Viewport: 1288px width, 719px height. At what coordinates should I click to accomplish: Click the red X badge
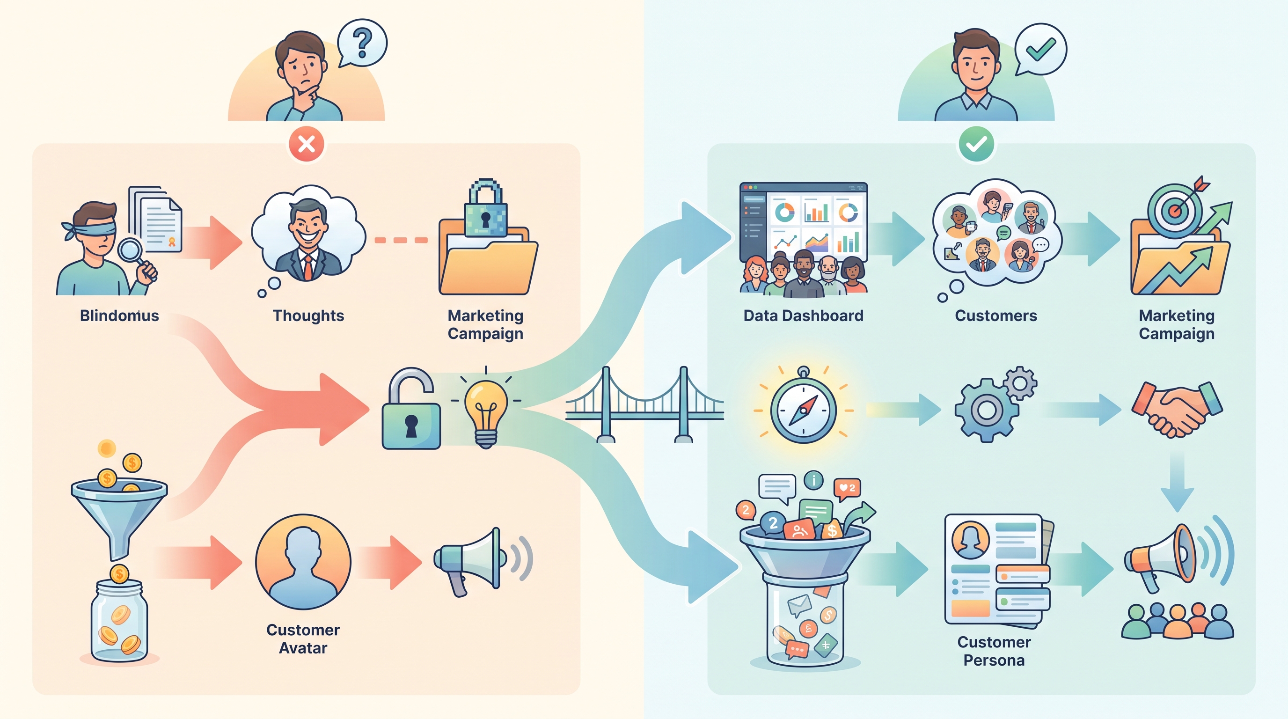[307, 145]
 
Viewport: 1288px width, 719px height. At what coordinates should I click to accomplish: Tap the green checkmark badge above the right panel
[976, 145]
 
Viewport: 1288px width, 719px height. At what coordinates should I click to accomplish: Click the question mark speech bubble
[362, 43]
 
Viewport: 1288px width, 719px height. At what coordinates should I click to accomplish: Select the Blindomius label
[119, 315]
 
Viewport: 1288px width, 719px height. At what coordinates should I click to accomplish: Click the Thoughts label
[308, 315]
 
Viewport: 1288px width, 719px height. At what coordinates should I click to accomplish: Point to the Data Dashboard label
[804, 315]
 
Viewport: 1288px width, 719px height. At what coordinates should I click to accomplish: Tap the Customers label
[996, 315]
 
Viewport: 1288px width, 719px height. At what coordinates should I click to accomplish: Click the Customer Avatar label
[303, 638]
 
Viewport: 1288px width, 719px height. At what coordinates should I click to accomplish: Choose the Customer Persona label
[994, 651]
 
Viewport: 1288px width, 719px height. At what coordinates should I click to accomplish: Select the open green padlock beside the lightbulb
[411, 409]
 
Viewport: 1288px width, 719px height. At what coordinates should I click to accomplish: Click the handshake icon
[1177, 409]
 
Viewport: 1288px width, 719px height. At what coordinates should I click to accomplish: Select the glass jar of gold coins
[119, 621]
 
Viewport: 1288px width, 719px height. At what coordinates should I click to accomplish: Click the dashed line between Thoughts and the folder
[401, 240]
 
